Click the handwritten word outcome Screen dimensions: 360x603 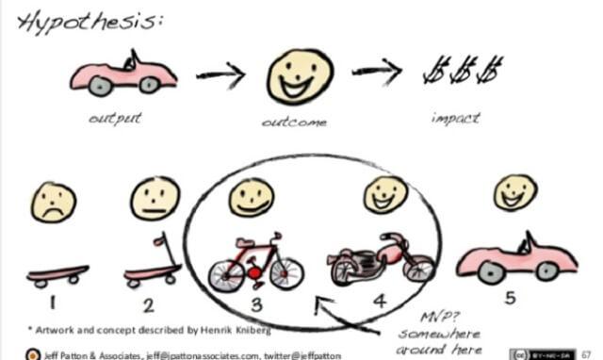point(293,123)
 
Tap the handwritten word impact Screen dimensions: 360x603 point(455,119)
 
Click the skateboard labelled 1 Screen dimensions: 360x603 point(57,275)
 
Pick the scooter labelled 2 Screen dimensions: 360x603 point(151,269)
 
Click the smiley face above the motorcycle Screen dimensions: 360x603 point(386,194)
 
